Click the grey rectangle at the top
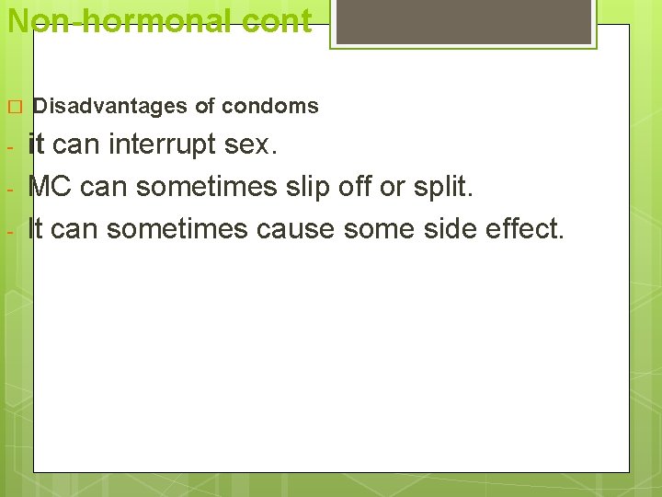[462, 22]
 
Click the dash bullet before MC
[8, 189]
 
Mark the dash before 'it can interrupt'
[8, 147]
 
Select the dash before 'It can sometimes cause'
[8, 230]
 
